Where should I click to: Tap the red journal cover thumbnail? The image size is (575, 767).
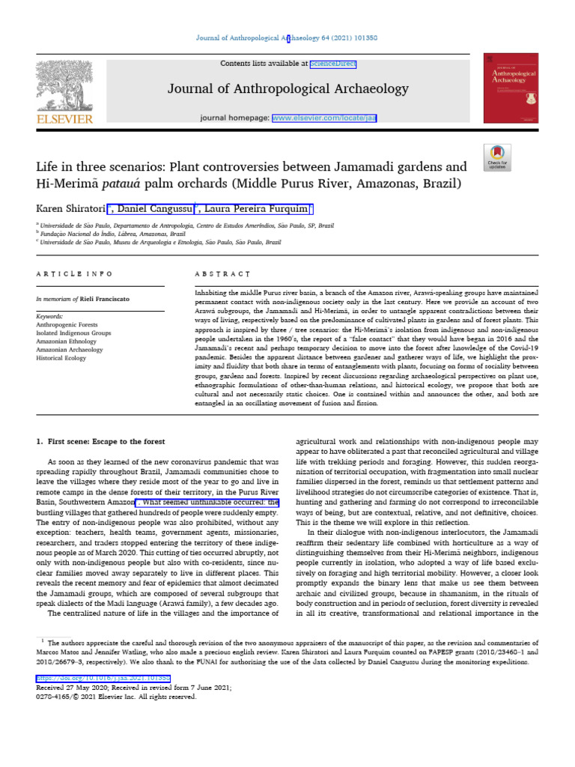click(511, 88)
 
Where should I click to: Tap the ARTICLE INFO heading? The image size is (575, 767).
click(74, 275)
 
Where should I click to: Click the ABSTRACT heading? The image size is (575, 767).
click(222, 275)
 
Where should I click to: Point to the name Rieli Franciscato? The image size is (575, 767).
click(106, 299)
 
